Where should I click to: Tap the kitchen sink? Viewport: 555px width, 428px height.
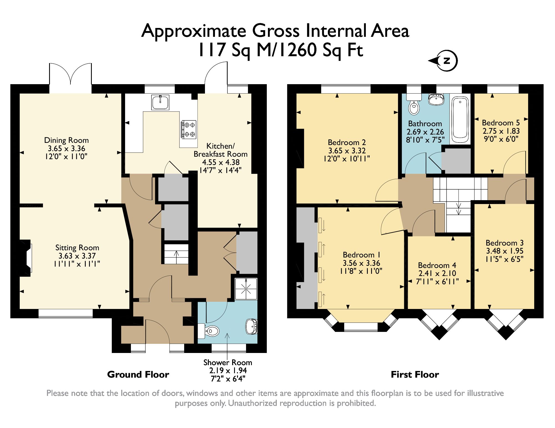160,102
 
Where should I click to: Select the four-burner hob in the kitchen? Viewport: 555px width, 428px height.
189,129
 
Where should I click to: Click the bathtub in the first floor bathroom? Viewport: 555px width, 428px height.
460,119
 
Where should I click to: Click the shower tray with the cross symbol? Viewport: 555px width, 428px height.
246,289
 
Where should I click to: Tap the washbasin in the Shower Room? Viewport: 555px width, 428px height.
252,327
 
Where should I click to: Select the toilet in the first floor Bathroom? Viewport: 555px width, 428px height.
414,106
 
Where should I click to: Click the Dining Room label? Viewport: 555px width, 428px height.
66,140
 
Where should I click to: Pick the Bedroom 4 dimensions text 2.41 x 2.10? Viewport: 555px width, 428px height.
437,274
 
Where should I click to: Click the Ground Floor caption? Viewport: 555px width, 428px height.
138,375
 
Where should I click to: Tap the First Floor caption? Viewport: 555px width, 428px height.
415,375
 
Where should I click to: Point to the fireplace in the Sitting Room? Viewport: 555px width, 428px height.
26,258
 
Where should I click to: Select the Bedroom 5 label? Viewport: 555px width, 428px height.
501,123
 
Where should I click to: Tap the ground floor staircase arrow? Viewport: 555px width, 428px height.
176,254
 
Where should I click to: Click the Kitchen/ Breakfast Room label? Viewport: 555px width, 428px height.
221,150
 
